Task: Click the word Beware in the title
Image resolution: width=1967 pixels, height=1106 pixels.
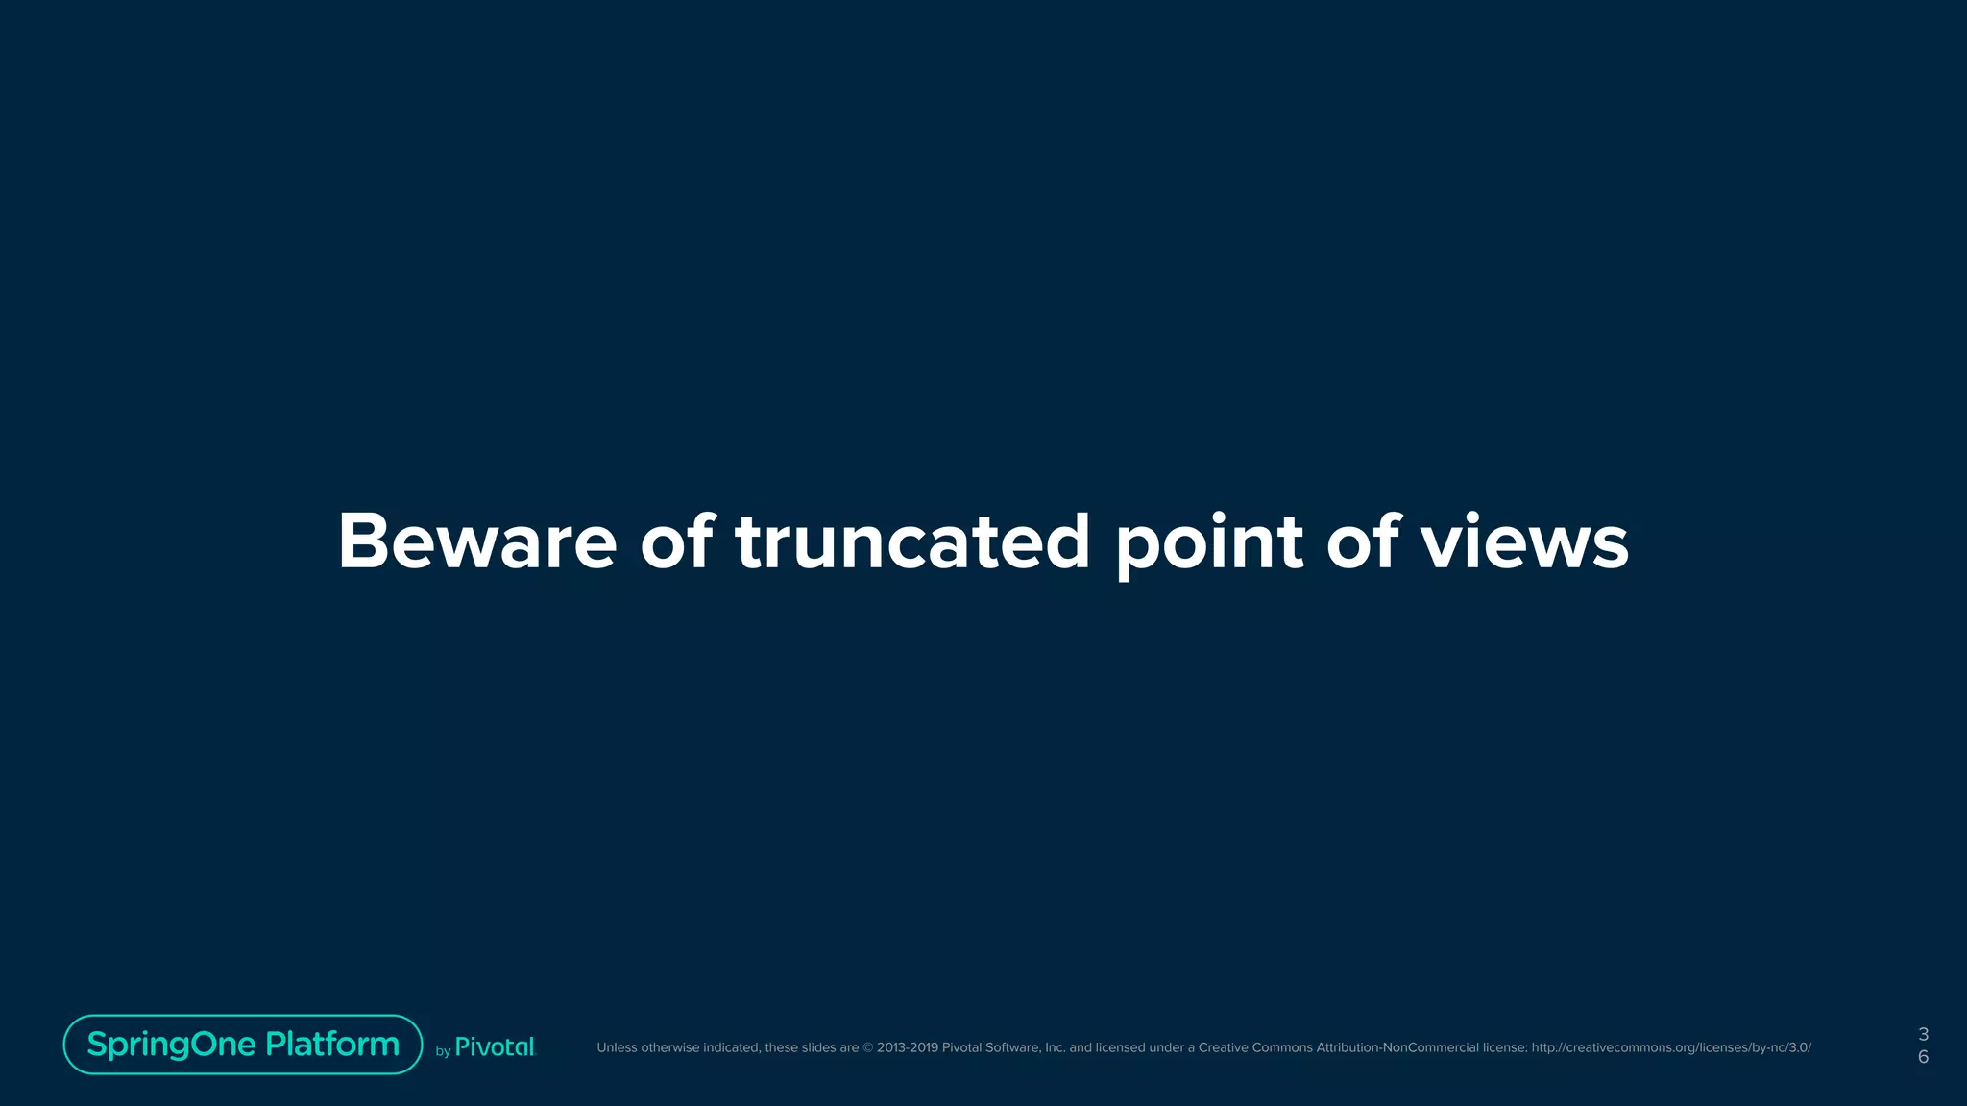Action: (x=476, y=541)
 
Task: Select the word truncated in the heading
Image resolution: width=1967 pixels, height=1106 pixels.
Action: (x=912, y=541)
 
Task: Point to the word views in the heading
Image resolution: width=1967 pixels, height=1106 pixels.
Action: (x=1524, y=541)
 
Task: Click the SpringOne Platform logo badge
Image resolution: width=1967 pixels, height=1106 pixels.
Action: (x=243, y=1045)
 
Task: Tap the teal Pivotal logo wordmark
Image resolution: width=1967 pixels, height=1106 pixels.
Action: (x=495, y=1047)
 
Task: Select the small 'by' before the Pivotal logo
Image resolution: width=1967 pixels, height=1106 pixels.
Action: (x=443, y=1051)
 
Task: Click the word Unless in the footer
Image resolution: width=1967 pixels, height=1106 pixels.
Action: (x=616, y=1047)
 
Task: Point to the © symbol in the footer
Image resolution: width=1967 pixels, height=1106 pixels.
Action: (x=868, y=1047)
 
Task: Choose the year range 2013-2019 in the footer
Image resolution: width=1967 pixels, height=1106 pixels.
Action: (x=907, y=1047)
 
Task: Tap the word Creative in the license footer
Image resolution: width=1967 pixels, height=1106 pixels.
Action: (x=1224, y=1047)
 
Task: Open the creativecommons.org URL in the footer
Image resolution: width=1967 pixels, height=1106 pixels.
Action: (x=1671, y=1047)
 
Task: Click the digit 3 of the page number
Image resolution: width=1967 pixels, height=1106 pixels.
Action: (x=1923, y=1034)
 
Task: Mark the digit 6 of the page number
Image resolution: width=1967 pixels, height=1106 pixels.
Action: (x=1923, y=1057)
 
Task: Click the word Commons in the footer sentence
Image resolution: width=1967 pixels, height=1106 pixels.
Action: (x=1282, y=1047)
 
